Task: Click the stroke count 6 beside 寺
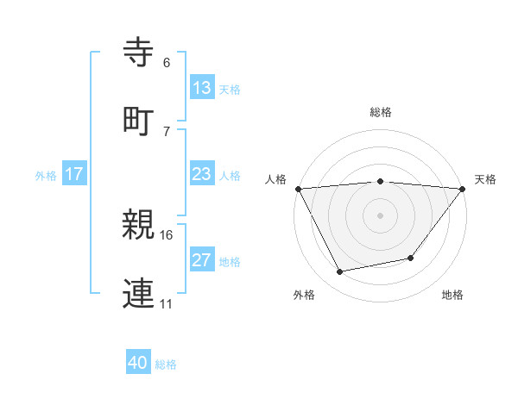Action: pos(167,64)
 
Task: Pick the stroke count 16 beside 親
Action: pos(167,234)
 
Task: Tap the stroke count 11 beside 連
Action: pos(167,303)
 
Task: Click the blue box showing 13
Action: pos(202,88)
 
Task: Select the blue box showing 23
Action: pos(202,174)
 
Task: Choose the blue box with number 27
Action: pos(202,260)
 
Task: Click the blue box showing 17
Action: pos(74,174)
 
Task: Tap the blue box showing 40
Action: pos(138,364)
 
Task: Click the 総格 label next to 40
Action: pos(166,364)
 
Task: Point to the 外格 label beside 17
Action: pos(46,175)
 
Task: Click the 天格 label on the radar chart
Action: pos(486,179)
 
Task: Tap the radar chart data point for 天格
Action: pos(463,188)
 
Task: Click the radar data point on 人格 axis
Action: pos(298,188)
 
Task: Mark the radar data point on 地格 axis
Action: pos(411,258)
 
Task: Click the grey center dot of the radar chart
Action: pos(380,215)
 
